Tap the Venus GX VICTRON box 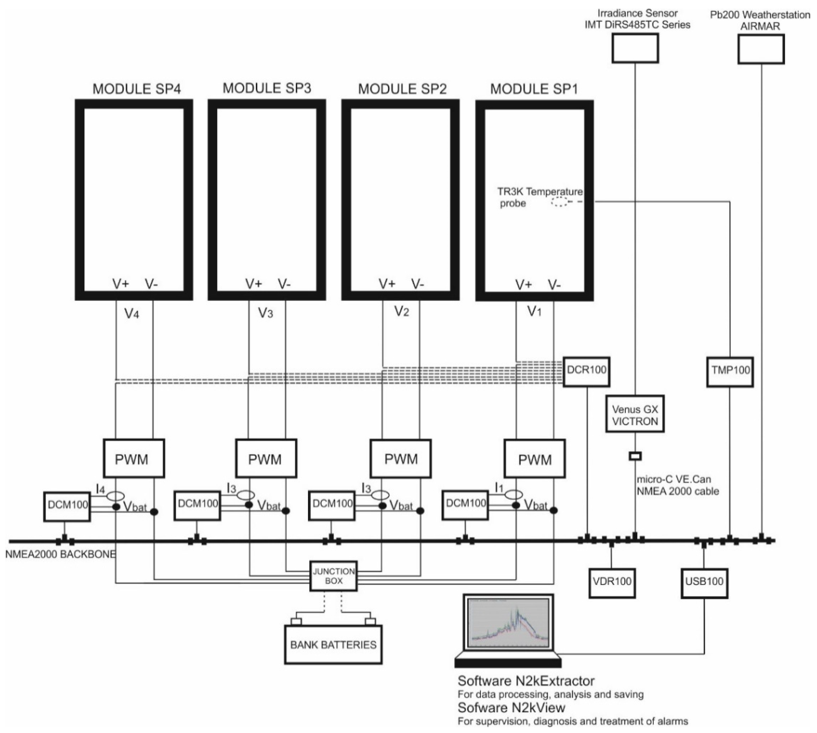(635, 415)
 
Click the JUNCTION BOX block (333, 576)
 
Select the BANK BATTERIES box (333, 645)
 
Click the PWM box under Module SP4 (133, 458)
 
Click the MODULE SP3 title (267, 88)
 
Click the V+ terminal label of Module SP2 (387, 284)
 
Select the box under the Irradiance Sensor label (635, 48)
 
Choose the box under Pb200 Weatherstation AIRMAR (761, 49)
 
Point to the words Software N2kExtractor (526, 681)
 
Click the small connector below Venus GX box (635, 456)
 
